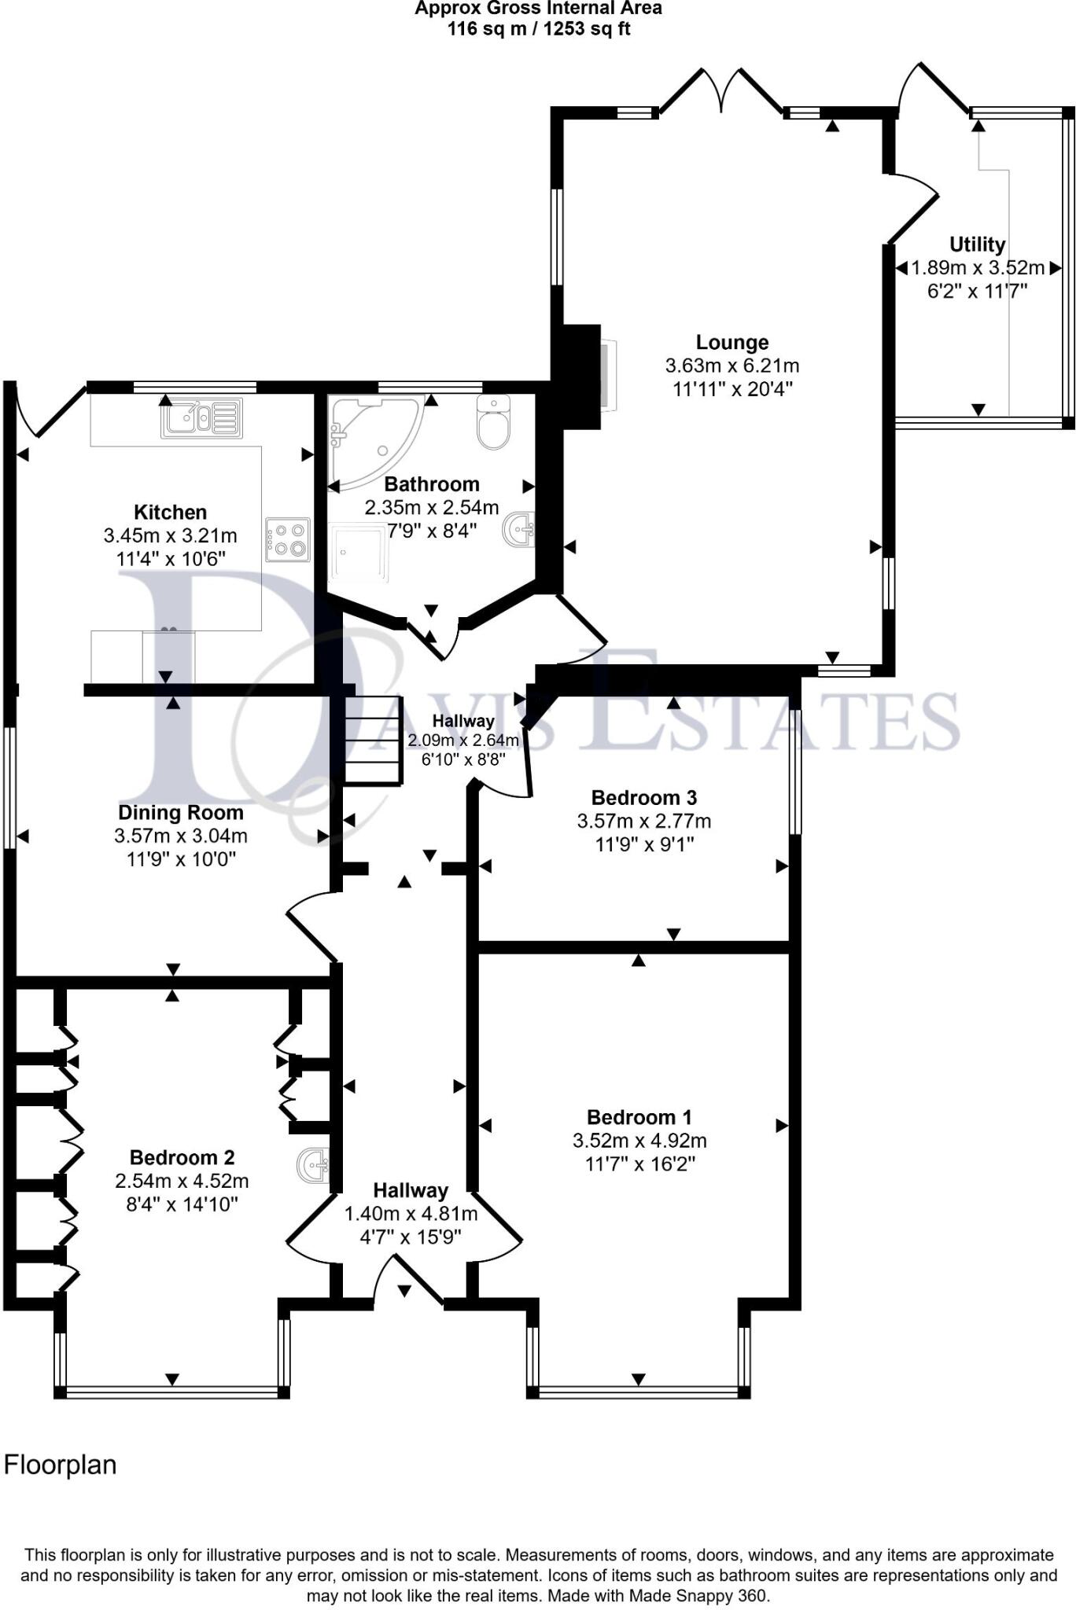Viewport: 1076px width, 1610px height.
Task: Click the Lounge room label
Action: click(x=731, y=343)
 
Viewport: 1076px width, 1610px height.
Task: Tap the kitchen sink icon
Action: click(x=202, y=417)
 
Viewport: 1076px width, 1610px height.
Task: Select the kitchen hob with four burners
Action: click(x=287, y=539)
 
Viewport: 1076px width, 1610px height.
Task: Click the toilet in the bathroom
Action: click(x=493, y=422)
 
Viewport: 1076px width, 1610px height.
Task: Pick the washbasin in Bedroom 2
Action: click(x=315, y=1163)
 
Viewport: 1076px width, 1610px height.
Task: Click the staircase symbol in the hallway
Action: click(x=374, y=740)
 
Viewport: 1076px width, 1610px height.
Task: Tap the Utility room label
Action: click(x=977, y=244)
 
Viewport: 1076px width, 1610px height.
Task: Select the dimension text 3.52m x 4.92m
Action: click(x=639, y=1141)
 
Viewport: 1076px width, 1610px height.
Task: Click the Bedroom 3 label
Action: click(x=643, y=798)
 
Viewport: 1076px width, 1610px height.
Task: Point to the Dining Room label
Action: click(x=180, y=813)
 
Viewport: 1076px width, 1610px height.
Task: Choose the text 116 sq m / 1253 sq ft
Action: click(x=538, y=30)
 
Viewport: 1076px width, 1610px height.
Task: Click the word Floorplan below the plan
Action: click(x=61, y=1465)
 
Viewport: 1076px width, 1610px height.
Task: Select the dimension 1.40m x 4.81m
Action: click(x=411, y=1214)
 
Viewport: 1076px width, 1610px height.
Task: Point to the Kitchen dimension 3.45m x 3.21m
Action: click(x=170, y=536)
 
